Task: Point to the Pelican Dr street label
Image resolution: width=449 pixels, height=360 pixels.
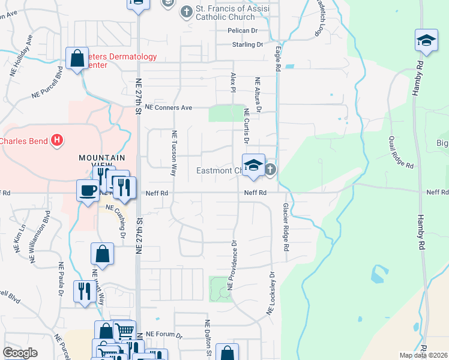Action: pyautogui.click(x=242, y=31)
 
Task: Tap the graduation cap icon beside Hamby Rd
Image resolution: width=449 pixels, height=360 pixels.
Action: pyautogui.click(x=426, y=41)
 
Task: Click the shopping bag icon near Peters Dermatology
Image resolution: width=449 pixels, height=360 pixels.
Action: pyautogui.click(x=77, y=59)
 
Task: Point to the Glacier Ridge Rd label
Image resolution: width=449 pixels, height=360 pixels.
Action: pyautogui.click(x=286, y=227)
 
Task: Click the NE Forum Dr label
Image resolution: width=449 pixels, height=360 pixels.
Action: pyautogui.click(x=163, y=334)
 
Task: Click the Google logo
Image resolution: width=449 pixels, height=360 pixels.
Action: pyautogui.click(x=20, y=353)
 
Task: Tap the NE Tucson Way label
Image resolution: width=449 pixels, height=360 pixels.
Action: pyautogui.click(x=175, y=153)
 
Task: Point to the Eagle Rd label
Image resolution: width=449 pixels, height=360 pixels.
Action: pyautogui.click(x=279, y=60)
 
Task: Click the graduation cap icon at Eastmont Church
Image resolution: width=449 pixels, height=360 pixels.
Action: pyautogui.click(x=253, y=165)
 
